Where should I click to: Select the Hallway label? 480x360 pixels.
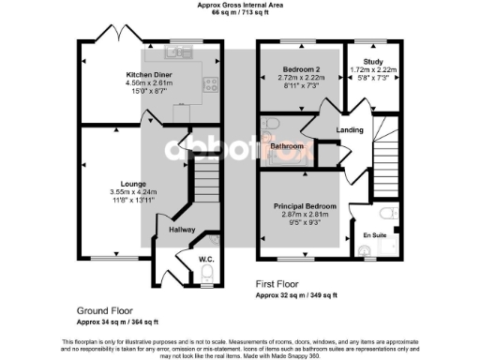click(x=182, y=229)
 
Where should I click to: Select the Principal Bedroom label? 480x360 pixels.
click(x=305, y=205)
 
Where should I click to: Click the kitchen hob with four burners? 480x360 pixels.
click(x=213, y=82)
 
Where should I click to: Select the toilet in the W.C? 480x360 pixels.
click(x=206, y=273)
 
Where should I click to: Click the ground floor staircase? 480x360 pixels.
click(x=204, y=178)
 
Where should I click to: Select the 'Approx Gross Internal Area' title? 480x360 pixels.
click(x=239, y=5)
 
